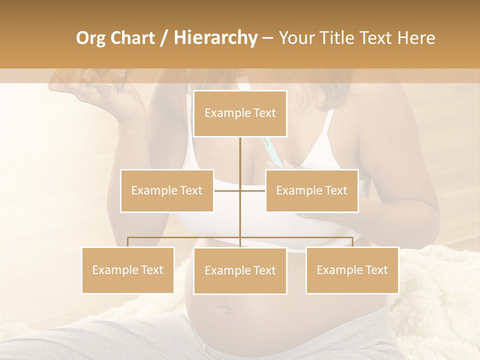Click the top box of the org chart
click(x=240, y=113)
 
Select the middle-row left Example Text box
click(x=167, y=190)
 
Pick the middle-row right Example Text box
click(x=311, y=190)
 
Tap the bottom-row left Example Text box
click(x=128, y=270)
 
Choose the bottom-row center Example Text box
click(x=240, y=270)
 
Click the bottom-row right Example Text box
click(x=352, y=270)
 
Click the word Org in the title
click(x=90, y=38)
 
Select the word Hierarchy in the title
click(x=215, y=38)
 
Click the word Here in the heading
click(x=416, y=38)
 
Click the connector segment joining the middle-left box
click(x=227, y=190)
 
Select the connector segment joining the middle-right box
click(x=253, y=190)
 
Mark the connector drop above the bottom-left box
click(x=128, y=242)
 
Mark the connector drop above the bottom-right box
click(x=352, y=242)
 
